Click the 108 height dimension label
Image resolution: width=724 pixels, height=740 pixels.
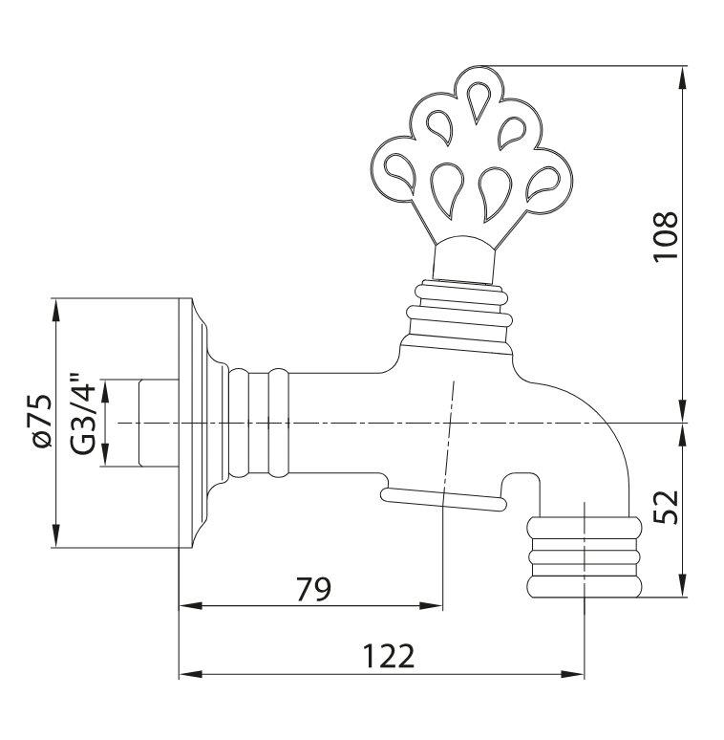pyautogui.click(x=666, y=235)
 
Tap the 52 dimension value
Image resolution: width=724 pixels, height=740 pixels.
pyautogui.click(x=666, y=508)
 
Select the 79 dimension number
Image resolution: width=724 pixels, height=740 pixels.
pyautogui.click(x=314, y=589)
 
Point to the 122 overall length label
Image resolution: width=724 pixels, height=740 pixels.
pyautogui.click(x=389, y=656)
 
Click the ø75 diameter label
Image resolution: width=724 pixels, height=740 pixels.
pyautogui.click(x=42, y=422)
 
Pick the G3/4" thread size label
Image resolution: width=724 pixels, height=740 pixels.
pyautogui.click(x=83, y=414)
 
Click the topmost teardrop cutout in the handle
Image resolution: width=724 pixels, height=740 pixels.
pyautogui.click(x=478, y=101)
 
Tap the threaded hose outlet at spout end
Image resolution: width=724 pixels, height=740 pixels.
pyautogui.click(x=584, y=557)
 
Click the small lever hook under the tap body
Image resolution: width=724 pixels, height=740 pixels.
pyautogui.click(x=444, y=499)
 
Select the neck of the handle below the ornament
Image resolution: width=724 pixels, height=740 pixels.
pyautogui.click(x=464, y=259)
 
